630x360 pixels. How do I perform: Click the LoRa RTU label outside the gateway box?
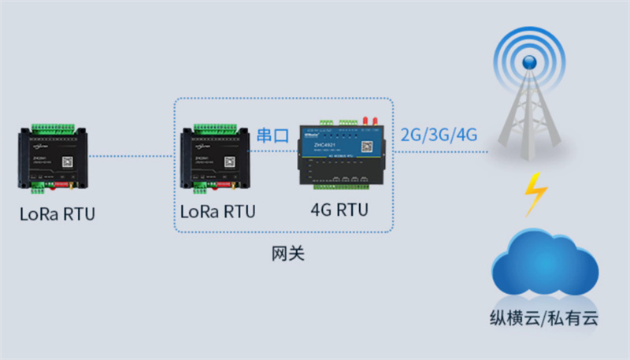57,213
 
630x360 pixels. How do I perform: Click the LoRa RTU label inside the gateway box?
218,211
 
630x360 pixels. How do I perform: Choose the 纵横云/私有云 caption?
543,319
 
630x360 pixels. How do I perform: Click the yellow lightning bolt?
536,194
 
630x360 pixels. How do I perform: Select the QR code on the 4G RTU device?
366,147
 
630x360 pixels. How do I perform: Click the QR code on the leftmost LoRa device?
69,161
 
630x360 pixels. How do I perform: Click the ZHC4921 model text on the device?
324,145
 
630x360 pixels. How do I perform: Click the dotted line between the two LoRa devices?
130,156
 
